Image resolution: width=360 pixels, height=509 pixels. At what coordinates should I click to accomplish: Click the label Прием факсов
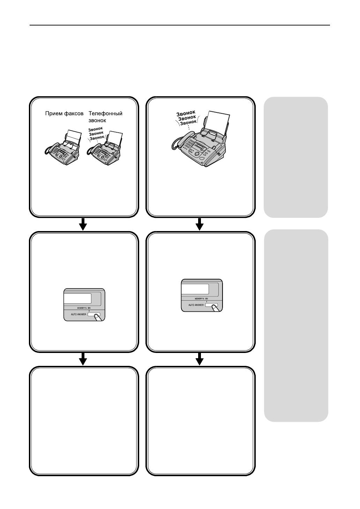65,113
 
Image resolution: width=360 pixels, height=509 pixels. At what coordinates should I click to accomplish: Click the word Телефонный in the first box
105,113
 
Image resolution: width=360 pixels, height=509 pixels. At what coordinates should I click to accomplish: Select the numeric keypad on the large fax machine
190,143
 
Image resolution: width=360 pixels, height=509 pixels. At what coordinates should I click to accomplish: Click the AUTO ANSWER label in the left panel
76,315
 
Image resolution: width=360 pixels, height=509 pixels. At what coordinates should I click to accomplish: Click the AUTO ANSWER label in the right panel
194,305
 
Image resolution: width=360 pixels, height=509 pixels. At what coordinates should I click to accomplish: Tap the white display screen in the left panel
78,298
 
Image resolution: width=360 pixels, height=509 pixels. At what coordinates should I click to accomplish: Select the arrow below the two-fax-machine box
83,224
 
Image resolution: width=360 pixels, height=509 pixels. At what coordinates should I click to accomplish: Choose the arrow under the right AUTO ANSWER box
200,359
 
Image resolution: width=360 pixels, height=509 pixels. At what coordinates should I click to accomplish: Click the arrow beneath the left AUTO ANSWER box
83,359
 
